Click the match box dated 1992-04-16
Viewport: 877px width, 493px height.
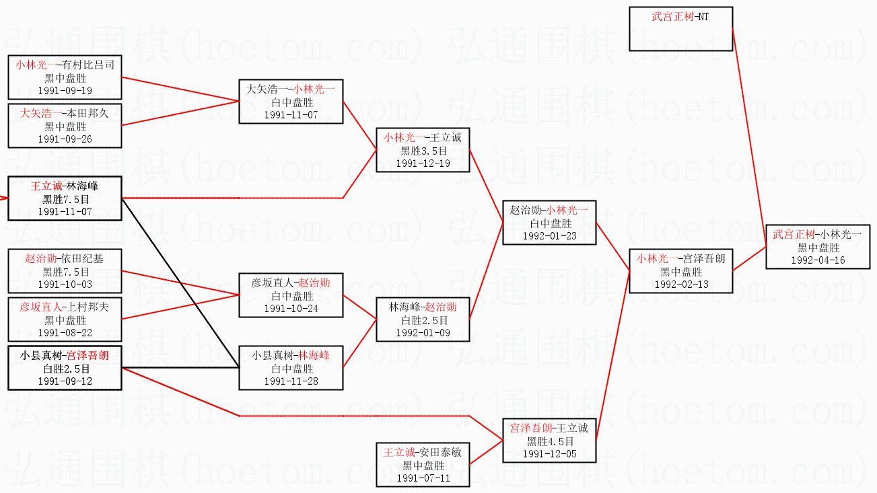click(817, 247)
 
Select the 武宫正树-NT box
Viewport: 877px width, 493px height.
click(680, 29)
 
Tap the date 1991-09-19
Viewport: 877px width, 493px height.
click(65, 91)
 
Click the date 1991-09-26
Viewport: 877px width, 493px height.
click(65, 139)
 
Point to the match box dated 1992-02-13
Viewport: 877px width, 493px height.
click(680, 271)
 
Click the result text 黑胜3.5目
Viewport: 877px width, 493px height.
click(423, 151)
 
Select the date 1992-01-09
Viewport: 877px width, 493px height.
click(423, 333)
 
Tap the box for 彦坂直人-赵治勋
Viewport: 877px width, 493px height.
click(291, 295)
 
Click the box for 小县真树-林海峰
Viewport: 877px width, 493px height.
click(291, 368)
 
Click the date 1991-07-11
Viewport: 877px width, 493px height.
click(423, 478)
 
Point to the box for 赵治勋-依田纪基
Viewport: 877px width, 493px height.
click(65, 271)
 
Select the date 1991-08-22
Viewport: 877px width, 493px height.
click(65, 333)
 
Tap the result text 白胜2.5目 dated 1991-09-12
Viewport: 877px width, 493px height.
click(65, 369)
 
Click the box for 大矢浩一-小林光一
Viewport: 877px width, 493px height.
click(291, 102)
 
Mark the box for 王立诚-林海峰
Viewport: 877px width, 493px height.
click(65, 198)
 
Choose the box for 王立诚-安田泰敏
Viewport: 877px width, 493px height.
click(423, 465)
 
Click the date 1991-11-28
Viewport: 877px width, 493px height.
click(291, 381)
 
